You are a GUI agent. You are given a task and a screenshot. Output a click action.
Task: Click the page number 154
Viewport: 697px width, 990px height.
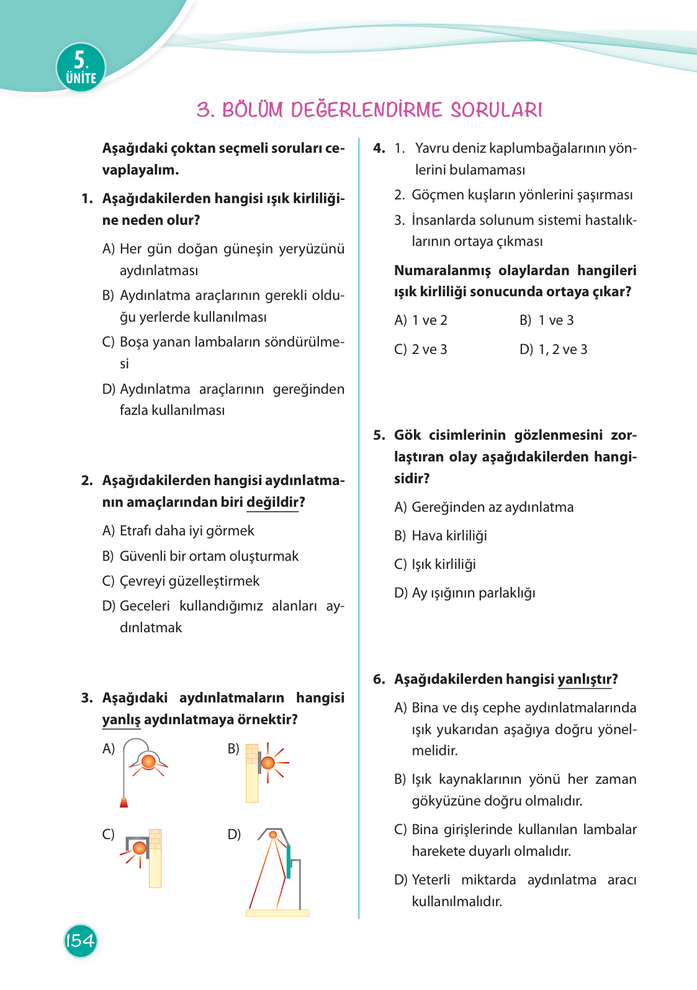tap(81, 940)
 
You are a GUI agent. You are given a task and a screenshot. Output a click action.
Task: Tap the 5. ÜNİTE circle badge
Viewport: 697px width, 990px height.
tap(81, 68)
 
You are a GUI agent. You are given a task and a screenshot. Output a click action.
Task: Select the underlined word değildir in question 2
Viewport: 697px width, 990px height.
tap(272, 502)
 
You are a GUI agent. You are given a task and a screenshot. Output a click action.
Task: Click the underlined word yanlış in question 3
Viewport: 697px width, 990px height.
tap(121, 719)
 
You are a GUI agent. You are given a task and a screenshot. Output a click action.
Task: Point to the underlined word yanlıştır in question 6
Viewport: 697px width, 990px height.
tap(585, 679)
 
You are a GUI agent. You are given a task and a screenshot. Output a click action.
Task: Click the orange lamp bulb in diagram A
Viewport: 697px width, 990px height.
tap(148, 761)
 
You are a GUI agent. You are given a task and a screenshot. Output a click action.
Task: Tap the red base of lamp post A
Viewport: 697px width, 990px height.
tap(124, 802)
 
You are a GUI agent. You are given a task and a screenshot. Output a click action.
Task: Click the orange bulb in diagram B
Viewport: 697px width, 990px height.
tap(268, 762)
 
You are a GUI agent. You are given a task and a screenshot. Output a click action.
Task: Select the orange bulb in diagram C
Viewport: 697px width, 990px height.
tap(140, 848)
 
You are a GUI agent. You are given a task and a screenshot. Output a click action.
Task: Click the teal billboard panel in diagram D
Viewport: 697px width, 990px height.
tap(288, 860)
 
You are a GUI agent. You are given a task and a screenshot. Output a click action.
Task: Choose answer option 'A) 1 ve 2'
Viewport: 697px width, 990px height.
tap(421, 320)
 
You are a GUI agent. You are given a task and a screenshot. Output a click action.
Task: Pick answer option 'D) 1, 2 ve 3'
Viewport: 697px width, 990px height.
tap(553, 350)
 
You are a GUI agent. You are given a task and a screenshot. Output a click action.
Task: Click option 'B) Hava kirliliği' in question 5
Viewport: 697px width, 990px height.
tap(441, 535)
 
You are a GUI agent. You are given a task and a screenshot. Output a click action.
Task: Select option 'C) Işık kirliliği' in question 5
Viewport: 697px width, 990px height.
tap(435, 564)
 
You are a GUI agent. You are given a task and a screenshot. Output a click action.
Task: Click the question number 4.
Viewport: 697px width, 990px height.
tap(379, 148)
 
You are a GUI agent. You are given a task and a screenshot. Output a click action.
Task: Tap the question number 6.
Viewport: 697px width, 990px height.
tap(379, 679)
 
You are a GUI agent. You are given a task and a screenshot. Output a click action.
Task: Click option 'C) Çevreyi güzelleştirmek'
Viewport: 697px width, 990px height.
tap(181, 581)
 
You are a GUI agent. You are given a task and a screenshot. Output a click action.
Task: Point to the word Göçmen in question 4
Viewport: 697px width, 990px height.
tap(434, 195)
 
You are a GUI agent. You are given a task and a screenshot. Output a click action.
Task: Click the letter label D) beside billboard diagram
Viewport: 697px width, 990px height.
tap(234, 834)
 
